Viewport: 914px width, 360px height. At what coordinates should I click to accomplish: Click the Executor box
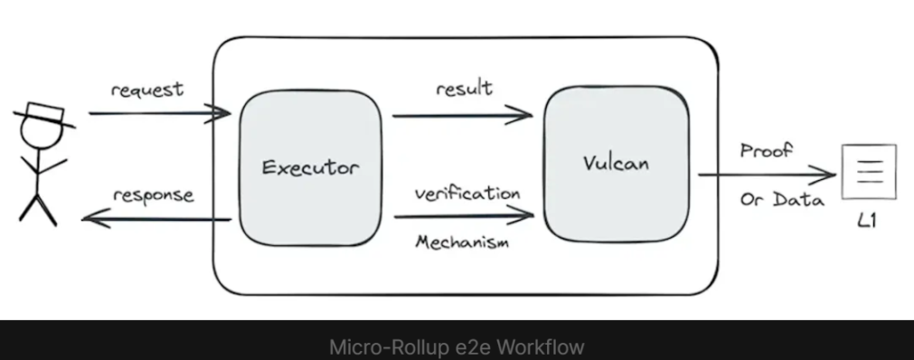311,168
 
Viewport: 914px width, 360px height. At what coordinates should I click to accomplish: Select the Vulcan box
617,164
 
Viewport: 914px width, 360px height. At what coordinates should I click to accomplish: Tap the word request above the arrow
146,90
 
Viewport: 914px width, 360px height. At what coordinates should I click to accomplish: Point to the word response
154,195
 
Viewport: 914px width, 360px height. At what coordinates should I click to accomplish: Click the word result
464,88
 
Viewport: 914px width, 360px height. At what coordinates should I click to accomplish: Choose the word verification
467,194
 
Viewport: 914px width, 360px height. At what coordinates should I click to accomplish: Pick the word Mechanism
462,241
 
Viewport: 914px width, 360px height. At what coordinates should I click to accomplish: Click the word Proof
767,150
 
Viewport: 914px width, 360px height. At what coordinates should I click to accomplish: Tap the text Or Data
782,200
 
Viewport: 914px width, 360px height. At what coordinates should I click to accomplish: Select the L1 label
867,220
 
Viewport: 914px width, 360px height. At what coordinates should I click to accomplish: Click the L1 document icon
869,172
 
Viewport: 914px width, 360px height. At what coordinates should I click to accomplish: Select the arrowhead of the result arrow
520,115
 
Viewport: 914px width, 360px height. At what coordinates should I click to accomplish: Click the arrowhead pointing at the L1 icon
823,174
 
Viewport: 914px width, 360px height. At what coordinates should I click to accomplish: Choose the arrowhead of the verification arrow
521,215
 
